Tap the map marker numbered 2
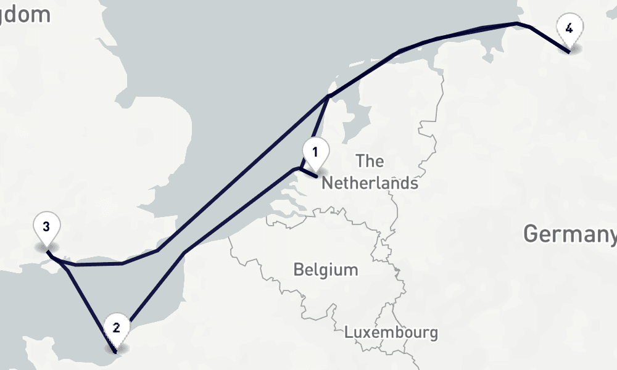(x=116, y=327)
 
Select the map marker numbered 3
(x=46, y=227)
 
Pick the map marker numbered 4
(x=569, y=29)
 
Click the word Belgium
(x=325, y=269)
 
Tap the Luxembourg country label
(x=391, y=332)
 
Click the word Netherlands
(x=370, y=183)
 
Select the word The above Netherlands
(x=370, y=162)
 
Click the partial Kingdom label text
(x=25, y=14)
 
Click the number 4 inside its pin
(x=569, y=28)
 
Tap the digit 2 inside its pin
(x=116, y=327)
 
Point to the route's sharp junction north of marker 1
(x=328, y=96)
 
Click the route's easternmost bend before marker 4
(x=529, y=27)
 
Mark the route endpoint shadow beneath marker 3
(x=46, y=249)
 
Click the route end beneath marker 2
(x=116, y=351)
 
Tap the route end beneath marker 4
(x=569, y=52)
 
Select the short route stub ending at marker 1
(x=308, y=172)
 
